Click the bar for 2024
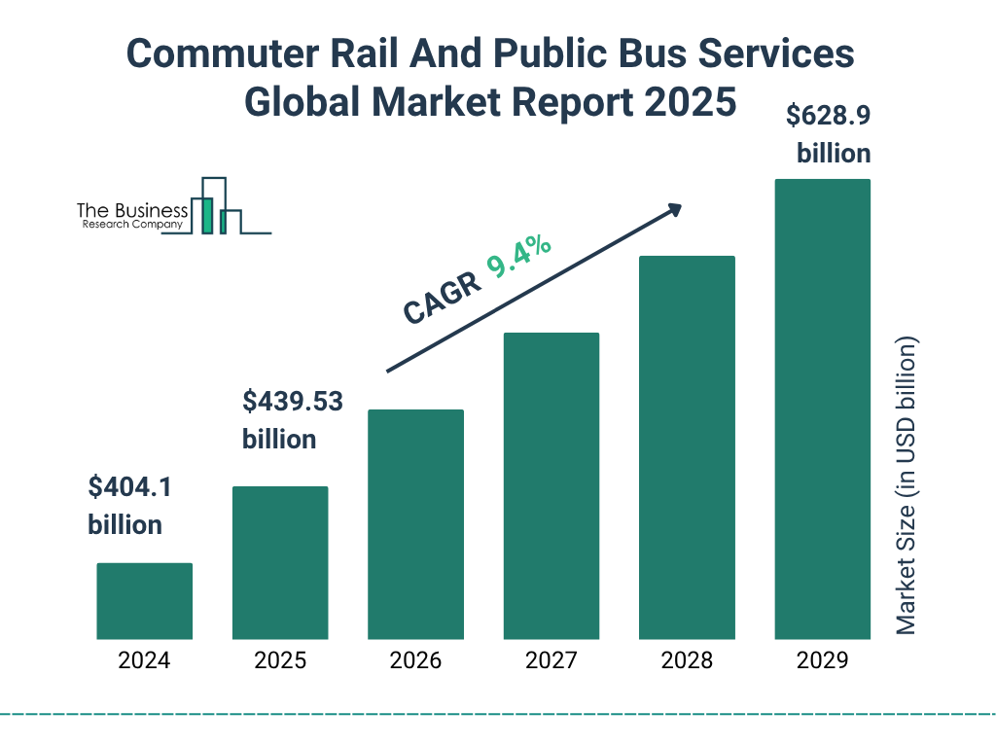144,600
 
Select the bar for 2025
280,562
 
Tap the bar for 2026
415,524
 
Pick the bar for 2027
551,485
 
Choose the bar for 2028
687,447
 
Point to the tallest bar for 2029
822,409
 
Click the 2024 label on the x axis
144,661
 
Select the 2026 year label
415,661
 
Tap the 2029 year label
822,661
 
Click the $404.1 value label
129,487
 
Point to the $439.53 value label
292,401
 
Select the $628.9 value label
828,116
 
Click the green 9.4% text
519,258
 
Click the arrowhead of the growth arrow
673,209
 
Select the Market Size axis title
907,486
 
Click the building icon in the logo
219,206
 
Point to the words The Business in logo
132,211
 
